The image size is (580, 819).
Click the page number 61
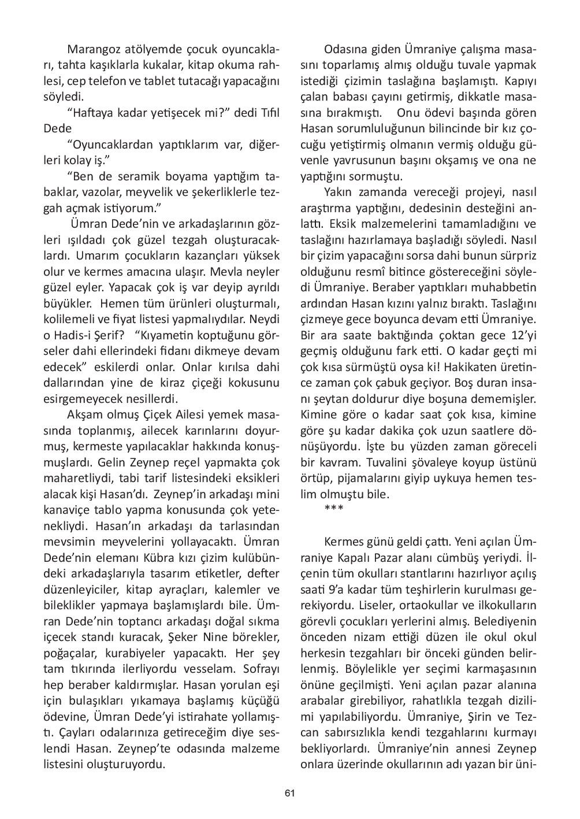pos(290,793)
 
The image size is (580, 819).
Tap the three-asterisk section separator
pos(334,509)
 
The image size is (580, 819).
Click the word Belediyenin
pos(508,622)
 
